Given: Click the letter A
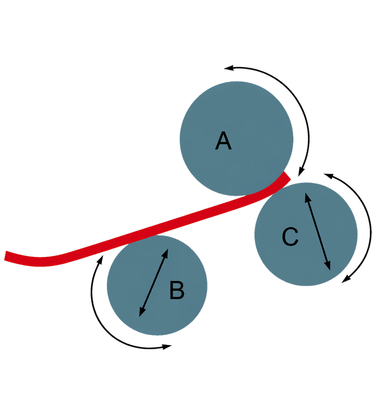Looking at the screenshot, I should (x=223, y=141).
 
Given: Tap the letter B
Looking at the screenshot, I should (x=177, y=290).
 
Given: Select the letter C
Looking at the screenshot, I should (x=290, y=237).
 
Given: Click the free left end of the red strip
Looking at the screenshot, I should (x=7, y=256).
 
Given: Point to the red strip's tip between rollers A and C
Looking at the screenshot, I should (x=286, y=177).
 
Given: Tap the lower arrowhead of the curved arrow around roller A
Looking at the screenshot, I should (x=299, y=172).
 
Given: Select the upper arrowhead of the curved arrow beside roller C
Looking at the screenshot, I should (x=327, y=175).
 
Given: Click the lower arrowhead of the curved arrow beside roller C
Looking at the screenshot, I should (x=346, y=279).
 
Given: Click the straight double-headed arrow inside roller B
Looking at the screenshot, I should (x=154, y=283).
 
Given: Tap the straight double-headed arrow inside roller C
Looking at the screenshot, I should (x=317, y=227).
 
